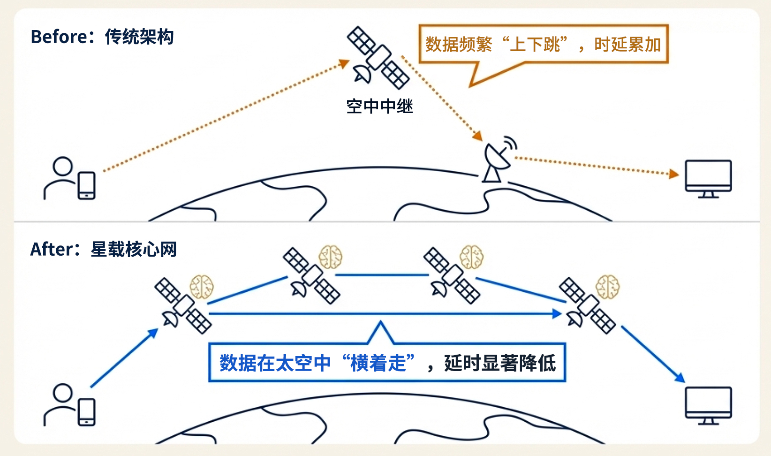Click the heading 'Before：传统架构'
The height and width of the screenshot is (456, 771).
tap(102, 37)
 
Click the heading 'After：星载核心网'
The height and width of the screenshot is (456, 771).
tap(103, 249)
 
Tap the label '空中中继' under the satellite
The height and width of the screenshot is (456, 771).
tap(379, 106)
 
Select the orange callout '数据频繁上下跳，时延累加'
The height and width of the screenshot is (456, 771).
tap(543, 45)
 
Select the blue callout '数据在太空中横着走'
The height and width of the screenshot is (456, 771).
tap(387, 363)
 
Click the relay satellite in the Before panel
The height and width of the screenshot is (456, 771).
tap(378, 58)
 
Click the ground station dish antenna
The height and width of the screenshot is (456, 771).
tap(497, 160)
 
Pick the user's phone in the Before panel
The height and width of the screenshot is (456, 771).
tap(87, 186)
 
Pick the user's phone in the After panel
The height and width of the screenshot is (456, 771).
tap(87, 412)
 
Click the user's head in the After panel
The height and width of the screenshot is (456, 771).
tap(62, 393)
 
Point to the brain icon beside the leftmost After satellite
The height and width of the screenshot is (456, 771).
tap(202, 287)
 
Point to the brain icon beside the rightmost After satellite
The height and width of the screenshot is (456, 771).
tap(607, 286)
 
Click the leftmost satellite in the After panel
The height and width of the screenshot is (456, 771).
tap(183, 306)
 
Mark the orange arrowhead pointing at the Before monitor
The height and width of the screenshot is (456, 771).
tap(674, 174)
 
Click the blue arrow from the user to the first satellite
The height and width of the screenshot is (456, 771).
tap(123, 359)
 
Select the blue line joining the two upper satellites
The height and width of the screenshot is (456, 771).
tap(382, 275)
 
